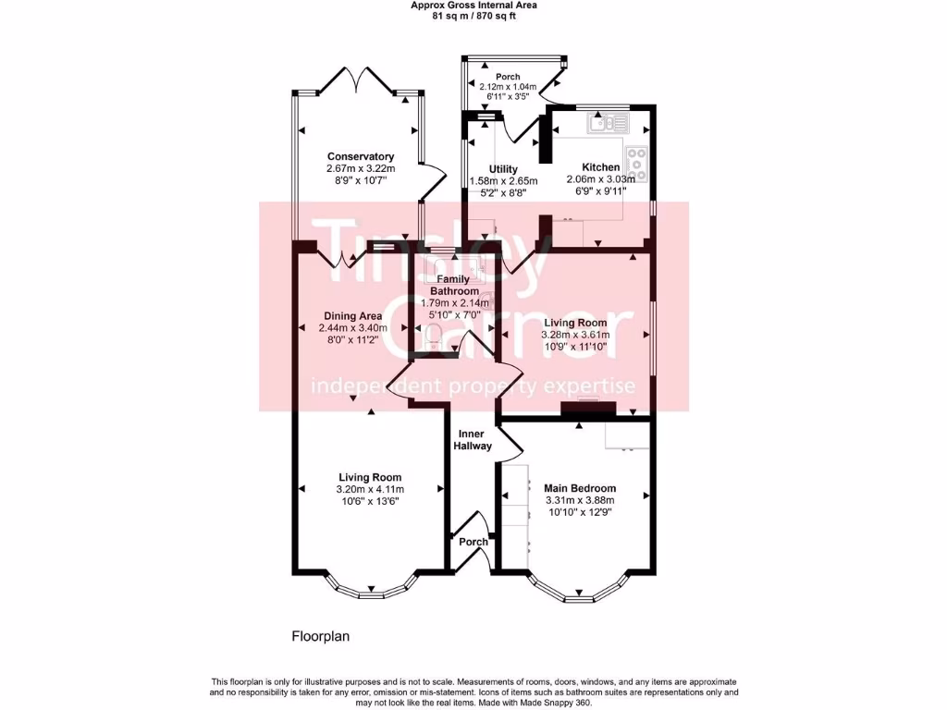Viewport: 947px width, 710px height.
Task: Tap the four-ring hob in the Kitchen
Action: tap(637, 163)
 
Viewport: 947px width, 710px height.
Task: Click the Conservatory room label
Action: tap(361, 157)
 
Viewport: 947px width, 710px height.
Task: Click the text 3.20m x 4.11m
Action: tap(370, 489)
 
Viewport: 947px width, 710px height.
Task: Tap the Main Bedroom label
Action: tap(580, 488)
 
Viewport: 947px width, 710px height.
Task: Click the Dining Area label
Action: tap(351, 315)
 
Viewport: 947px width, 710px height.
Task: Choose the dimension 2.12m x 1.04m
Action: tap(507, 87)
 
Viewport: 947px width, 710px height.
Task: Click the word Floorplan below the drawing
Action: tap(321, 636)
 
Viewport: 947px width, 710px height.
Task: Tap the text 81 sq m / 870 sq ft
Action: tap(473, 16)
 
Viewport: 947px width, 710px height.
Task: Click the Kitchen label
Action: tap(600, 167)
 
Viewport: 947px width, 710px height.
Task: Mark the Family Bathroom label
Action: tap(453, 285)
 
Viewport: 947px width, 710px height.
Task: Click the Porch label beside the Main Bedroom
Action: tap(473, 542)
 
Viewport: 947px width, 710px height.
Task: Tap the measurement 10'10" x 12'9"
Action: tap(580, 512)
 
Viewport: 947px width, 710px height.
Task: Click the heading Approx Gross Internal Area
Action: tap(473, 5)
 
